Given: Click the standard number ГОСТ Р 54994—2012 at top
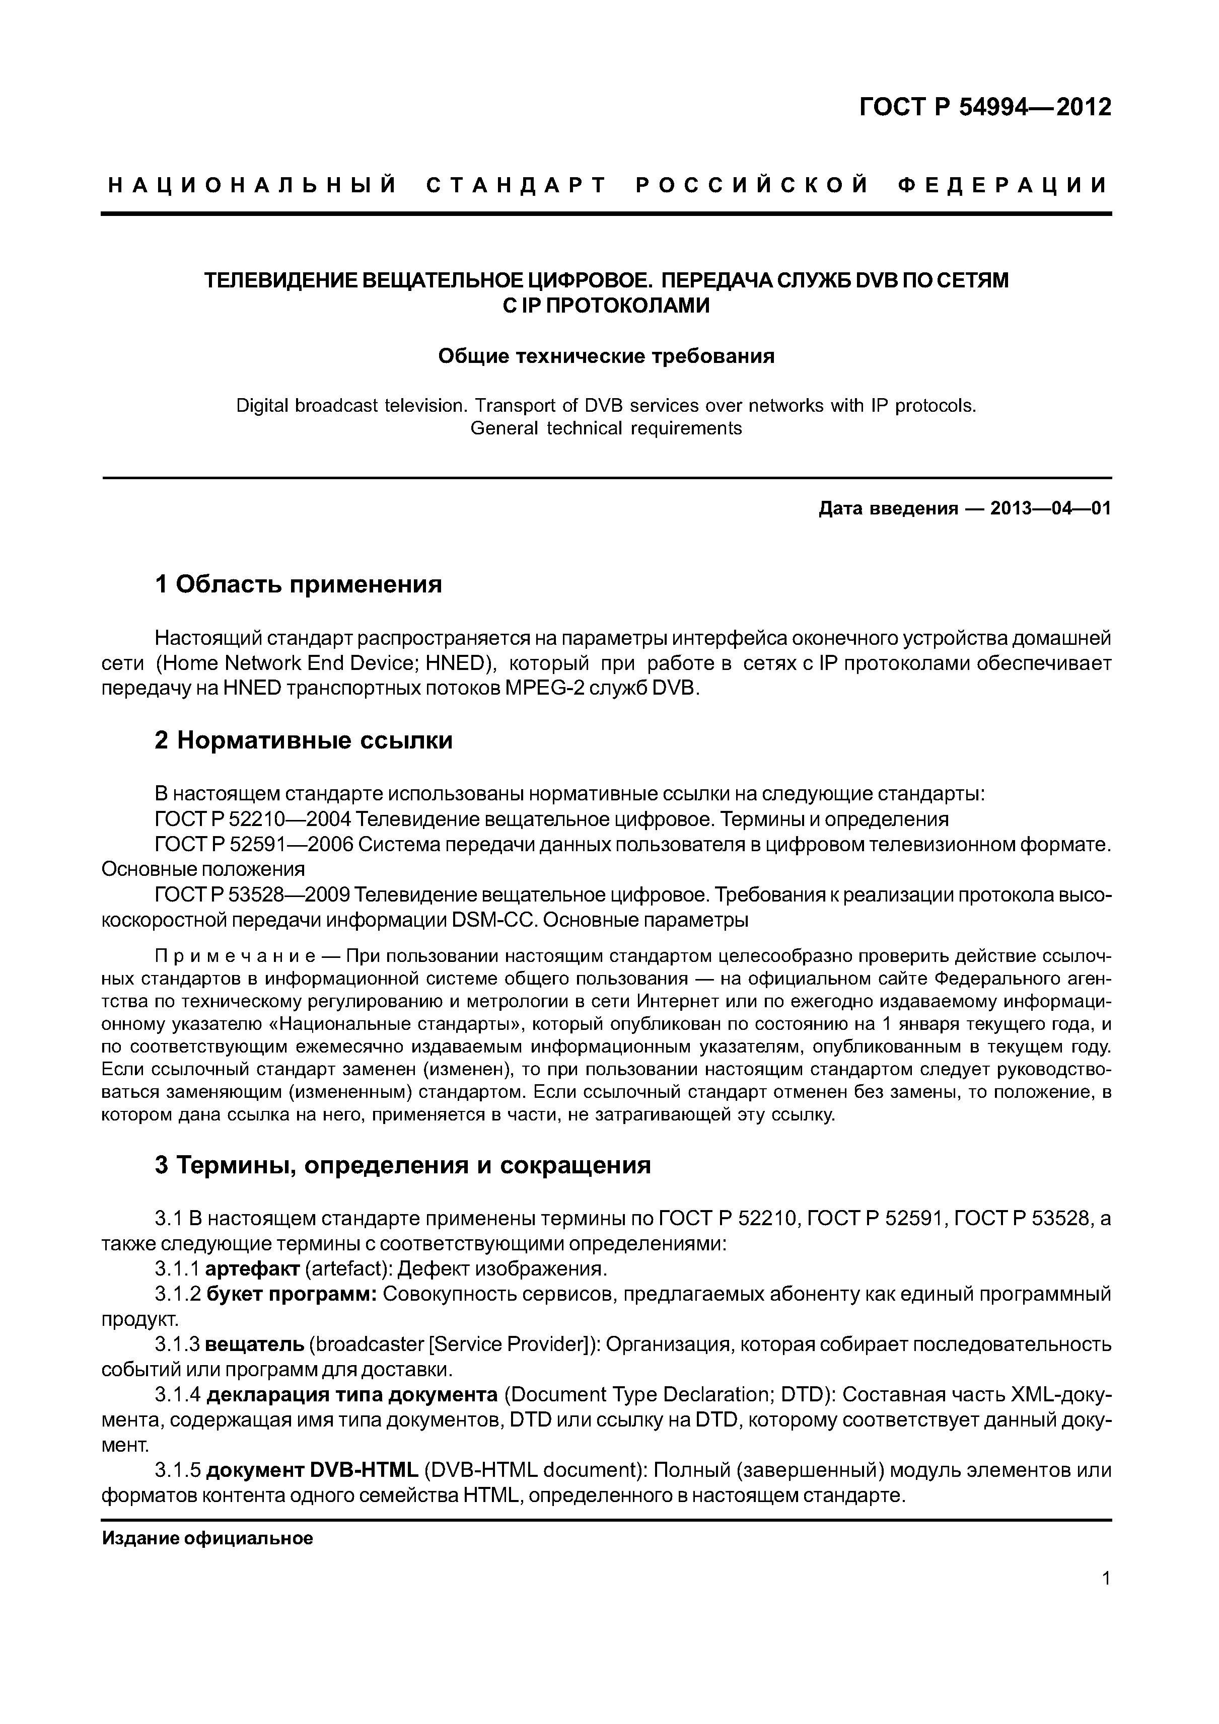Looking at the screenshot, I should [985, 107].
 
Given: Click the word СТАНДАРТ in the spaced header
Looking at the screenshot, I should [516, 185].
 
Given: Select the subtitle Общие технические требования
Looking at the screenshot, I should [606, 356].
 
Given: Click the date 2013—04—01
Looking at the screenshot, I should [1050, 508].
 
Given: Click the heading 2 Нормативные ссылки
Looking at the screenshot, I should [304, 740].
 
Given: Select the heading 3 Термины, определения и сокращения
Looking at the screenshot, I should [403, 1165].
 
